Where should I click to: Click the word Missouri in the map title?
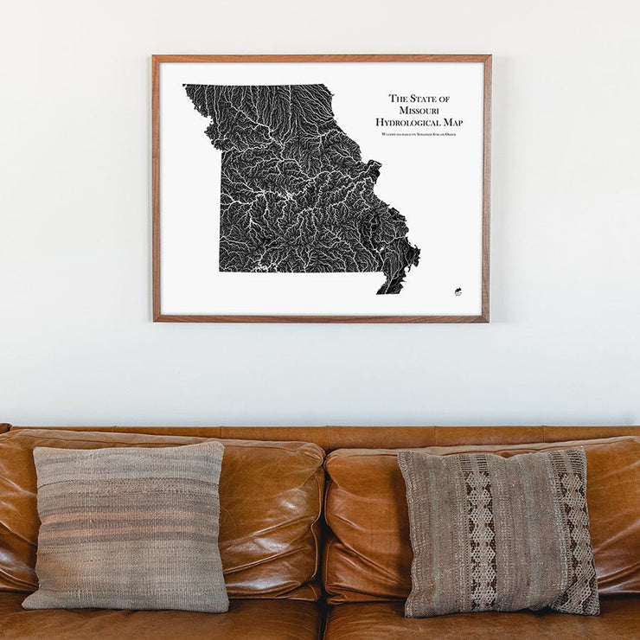click(419, 111)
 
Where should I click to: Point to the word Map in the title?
click(452, 123)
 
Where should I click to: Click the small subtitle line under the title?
click(419, 135)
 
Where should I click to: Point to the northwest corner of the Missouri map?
click(186, 86)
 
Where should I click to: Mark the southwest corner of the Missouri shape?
click(221, 269)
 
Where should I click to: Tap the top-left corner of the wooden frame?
click(155, 58)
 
